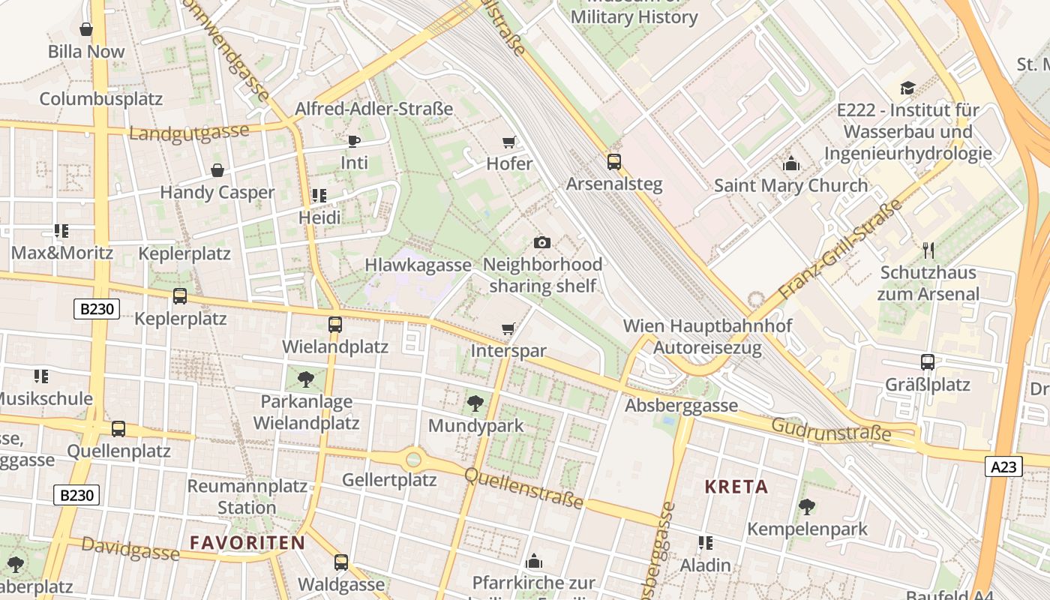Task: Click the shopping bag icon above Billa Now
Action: (x=86, y=30)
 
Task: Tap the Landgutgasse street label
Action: (x=189, y=133)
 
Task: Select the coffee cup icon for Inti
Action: (x=354, y=141)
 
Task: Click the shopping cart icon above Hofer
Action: (x=509, y=142)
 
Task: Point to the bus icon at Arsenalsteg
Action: (x=614, y=162)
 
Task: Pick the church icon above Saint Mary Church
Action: (x=790, y=163)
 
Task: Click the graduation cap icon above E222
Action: (x=907, y=88)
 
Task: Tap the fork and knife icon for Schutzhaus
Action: (x=928, y=250)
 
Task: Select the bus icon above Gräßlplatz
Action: (x=928, y=362)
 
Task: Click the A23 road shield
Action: (x=1003, y=467)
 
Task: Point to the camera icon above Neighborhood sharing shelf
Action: (x=542, y=242)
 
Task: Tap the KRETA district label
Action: (x=736, y=487)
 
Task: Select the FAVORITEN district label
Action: (x=247, y=542)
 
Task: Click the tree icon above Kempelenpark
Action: (x=807, y=507)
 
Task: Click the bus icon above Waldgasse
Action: (x=341, y=562)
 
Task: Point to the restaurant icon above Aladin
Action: (x=705, y=542)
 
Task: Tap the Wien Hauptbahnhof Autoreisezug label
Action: (x=707, y=337)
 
